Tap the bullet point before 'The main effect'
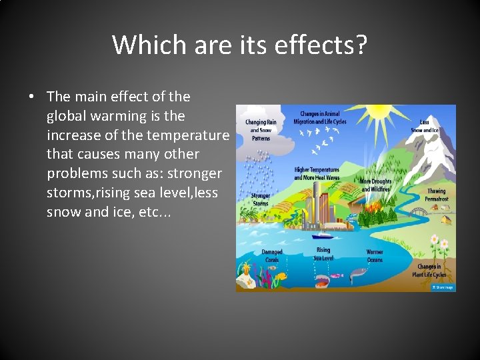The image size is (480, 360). (31, 97)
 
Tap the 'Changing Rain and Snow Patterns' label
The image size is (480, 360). (261, 126)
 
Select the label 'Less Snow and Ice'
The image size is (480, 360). (429, 125)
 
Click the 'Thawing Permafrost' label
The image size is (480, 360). (437, 195)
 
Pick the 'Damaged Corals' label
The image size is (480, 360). (271, 256)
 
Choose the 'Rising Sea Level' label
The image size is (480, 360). (323, 254)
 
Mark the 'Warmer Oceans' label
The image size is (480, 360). (375, 256)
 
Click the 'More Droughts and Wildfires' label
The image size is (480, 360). (375, 185)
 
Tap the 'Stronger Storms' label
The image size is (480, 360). (261, 199)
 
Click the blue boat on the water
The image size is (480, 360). (325, 235)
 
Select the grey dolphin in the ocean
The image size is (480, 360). (359, 272)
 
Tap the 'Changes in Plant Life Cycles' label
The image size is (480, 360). (429, 271)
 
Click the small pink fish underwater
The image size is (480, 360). (333, 275)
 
